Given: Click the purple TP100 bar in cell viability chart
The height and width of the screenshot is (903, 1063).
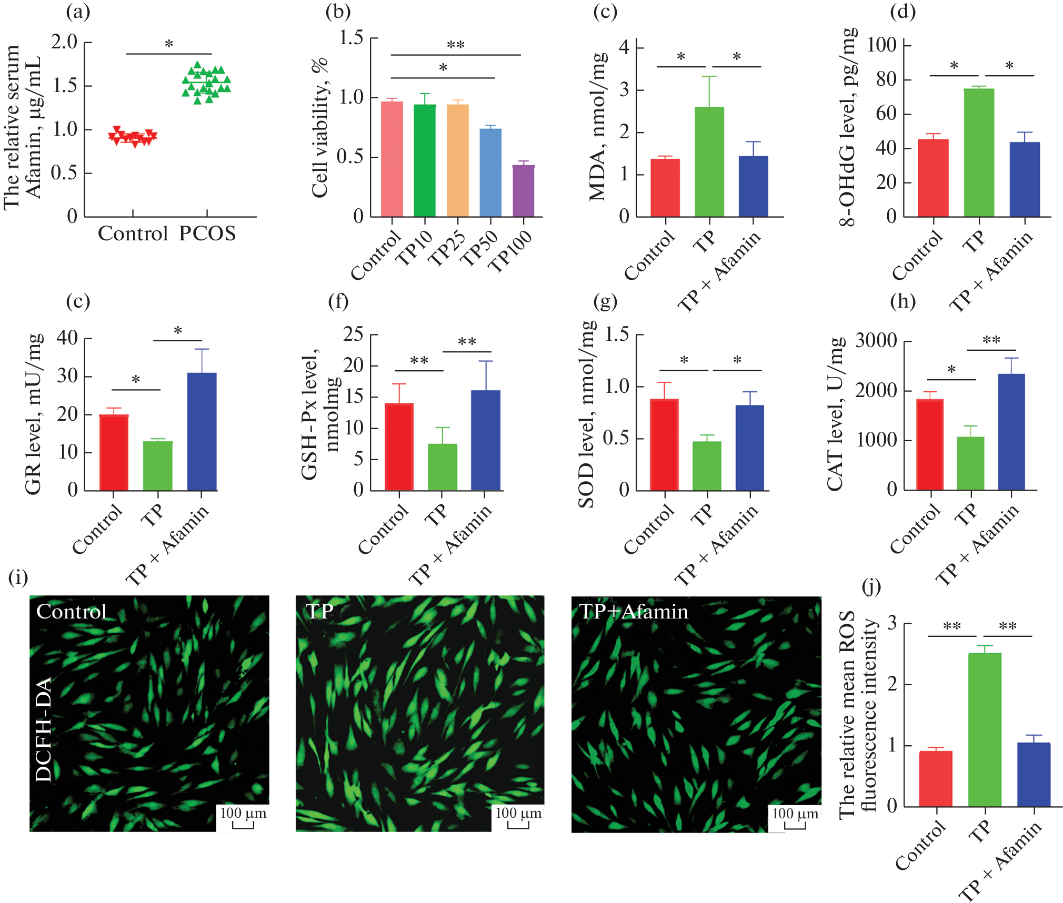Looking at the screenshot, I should (523, 191).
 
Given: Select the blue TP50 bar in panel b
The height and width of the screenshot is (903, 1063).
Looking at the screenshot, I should (490, 173).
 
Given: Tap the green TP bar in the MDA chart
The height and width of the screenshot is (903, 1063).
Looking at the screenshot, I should (709, 161).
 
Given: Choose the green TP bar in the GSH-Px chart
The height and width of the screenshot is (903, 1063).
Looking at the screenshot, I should (442, 467).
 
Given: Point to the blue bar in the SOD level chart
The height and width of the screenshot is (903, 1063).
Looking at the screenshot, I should (750, 448).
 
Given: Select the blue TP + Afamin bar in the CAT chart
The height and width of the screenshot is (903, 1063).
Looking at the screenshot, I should (1011, 432).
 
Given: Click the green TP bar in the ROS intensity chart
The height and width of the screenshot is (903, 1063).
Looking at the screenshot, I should (985, 729).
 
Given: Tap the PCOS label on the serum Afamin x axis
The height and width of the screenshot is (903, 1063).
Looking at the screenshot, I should (207, 234).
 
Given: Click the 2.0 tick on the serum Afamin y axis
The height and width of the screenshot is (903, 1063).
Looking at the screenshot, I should (64, 42).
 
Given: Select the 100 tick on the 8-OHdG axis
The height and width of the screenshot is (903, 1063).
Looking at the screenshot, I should (881, 45).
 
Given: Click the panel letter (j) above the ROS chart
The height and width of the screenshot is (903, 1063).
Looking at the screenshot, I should (871, 586).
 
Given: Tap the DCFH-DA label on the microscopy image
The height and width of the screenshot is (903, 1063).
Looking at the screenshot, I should (44, 729).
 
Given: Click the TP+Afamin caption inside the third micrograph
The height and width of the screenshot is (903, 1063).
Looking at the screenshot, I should (634, 612).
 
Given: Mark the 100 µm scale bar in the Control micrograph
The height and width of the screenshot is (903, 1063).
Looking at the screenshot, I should (243, 818).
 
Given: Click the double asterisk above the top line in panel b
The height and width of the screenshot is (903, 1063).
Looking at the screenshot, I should (456, 45).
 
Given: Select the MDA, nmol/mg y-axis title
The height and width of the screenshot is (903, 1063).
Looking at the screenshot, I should (598, 126).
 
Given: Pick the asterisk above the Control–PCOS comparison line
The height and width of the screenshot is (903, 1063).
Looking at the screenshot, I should (169, 44).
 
